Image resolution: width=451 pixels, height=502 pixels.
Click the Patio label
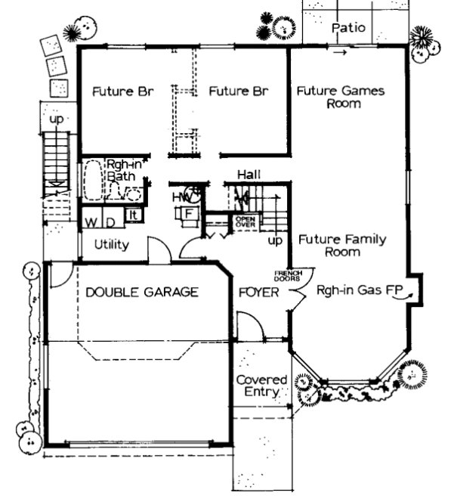pos(349,27)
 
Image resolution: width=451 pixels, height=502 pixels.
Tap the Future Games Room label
pos(340,98)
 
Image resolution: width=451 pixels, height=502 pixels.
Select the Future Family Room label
pos(341,246)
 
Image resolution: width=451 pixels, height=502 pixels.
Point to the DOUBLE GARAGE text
pos(141,291)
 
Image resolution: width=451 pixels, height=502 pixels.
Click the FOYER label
pos(255,292)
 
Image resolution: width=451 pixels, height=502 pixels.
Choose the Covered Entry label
pos(261,386)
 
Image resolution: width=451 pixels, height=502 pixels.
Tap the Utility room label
pos(112,245)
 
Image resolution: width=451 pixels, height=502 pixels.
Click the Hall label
pos(249,175)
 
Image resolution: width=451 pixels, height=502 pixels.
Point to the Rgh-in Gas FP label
pos(357,290)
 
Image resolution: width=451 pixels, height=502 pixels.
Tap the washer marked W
pos(90,222)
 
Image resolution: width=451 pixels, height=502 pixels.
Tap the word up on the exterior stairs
pos(57,119)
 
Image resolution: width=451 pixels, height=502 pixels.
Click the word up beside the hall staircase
pos(276,240)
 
